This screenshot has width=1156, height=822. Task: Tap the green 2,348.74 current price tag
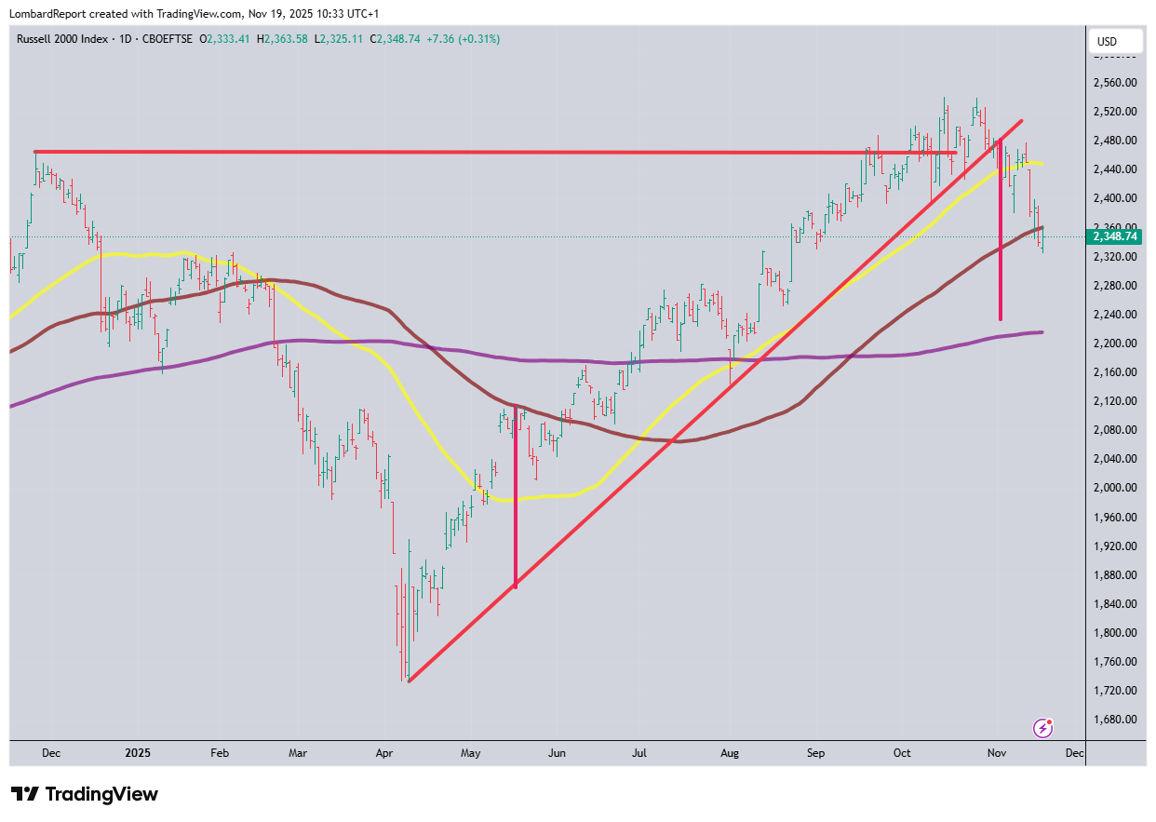1115,236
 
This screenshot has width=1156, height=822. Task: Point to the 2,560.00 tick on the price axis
1115,82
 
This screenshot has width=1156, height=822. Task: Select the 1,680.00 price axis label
1115,719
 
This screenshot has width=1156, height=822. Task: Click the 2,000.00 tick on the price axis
1115,487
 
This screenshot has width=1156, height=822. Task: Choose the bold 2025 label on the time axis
138,752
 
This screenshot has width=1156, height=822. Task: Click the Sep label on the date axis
815,752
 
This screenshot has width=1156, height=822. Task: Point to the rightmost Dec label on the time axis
1073,752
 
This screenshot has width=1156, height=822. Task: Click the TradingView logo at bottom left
85,794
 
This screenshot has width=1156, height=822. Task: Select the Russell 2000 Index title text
62,39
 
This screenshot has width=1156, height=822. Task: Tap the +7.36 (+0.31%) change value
464,39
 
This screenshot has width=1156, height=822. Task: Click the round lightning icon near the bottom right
1044,727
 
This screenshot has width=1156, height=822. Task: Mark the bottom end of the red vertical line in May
516,586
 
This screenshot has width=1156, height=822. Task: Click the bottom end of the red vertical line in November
1001,319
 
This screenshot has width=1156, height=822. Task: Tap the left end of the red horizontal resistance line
35,151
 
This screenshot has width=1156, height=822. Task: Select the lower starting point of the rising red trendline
409,681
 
